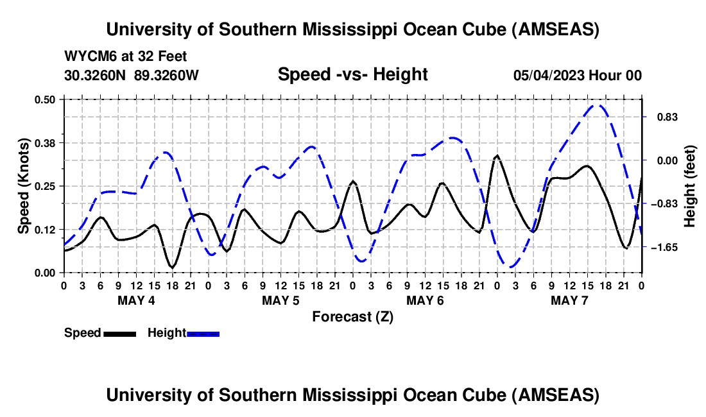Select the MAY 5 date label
point(280,300)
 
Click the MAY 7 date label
point(569,300)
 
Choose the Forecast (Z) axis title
point(352,316)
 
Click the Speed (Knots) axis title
point(24,186)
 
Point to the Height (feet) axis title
point(691,186)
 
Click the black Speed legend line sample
point(119,333)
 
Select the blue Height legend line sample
point(203,333)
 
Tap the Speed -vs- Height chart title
point(352,74)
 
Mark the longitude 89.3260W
point(167,75)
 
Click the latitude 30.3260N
point(96,75)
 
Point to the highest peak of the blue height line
point(598,106)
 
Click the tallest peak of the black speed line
point(497,156)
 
